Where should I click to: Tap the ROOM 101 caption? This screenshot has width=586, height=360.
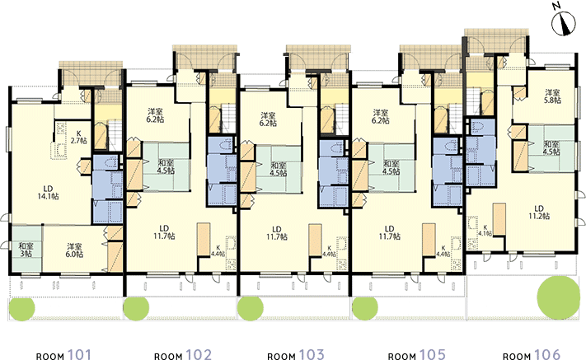(63, 355)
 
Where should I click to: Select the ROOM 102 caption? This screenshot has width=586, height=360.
(183, 355)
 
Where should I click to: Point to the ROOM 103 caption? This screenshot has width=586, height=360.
(296, 355)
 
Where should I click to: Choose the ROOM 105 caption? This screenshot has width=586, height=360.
(417, 355)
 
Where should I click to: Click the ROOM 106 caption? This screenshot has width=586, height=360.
(532, 355)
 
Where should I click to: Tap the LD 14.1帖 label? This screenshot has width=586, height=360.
(48, 192)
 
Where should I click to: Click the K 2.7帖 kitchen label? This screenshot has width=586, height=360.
(79, 137)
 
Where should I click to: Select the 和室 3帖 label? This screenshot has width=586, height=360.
(26, 250)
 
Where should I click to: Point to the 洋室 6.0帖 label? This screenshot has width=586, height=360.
(75, 250)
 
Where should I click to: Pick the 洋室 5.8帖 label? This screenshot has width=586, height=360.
(552, 96)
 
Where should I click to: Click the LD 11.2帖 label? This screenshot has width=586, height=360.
(539, 212)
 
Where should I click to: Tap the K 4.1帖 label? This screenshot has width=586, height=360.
(485, 230)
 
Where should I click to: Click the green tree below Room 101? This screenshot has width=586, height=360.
(22, 309)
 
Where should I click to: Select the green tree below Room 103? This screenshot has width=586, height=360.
(251, 309)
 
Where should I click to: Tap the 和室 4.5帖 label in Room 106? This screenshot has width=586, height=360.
(551, 148)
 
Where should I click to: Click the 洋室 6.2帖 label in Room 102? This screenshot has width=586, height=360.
(156, 115)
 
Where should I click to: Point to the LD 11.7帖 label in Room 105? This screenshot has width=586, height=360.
(390, 232)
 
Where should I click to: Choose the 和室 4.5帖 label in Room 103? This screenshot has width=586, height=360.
(279, 169)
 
